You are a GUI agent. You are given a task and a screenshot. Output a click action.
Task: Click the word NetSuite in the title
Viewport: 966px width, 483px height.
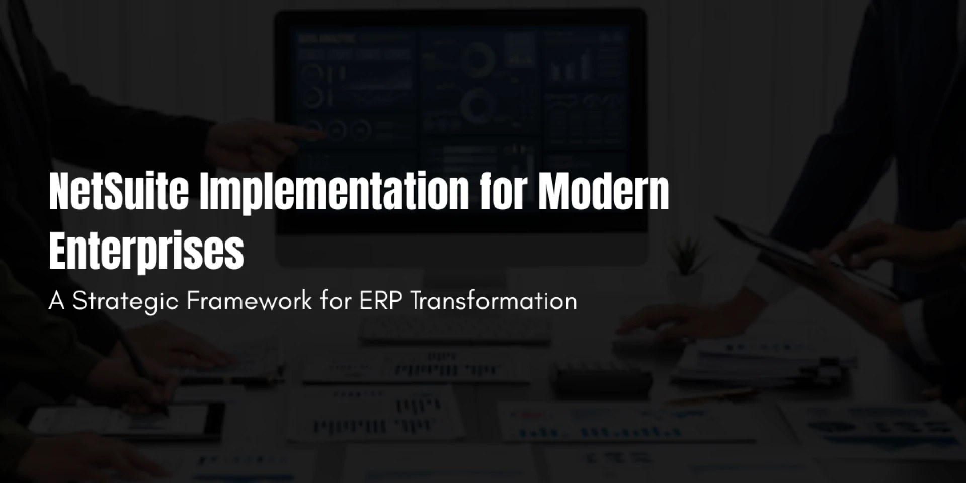coord(119,192)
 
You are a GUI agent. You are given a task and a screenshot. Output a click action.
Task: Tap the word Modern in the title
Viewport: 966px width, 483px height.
coord(603,192)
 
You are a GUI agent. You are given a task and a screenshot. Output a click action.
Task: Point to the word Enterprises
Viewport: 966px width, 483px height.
coord(146,252)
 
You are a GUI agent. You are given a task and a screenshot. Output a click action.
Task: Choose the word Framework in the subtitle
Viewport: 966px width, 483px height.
coord(249,301)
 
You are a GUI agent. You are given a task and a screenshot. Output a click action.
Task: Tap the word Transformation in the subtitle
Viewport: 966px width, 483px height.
coord(494,301)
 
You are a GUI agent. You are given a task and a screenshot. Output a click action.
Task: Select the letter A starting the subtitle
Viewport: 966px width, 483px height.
coord(57,301)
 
